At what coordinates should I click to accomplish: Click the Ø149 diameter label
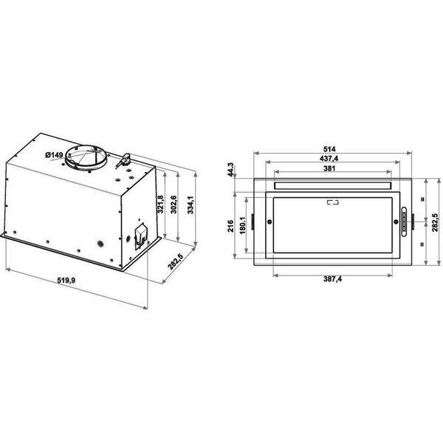tap(52, 154)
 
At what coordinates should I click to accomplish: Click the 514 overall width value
tap(331, 148)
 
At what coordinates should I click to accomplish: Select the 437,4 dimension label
tap(331, 159)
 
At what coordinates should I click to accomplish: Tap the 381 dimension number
tap(331, 168)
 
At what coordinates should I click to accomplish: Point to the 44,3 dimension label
tap(231, 171)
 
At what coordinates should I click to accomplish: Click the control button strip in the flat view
tap(404, 221)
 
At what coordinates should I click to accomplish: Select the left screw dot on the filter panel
tap(270, 222)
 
